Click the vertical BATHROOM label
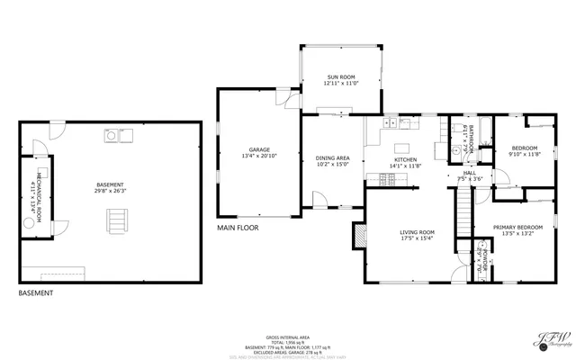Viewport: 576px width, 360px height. pyautogui.click(x=471, y=141)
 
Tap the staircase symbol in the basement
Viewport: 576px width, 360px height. pyautogui.click(x=115, y=219)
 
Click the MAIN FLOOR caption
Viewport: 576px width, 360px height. pyautogui.click(x=238, y=229)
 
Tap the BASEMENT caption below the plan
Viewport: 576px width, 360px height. pyautogui.click(x=35, y=293)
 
